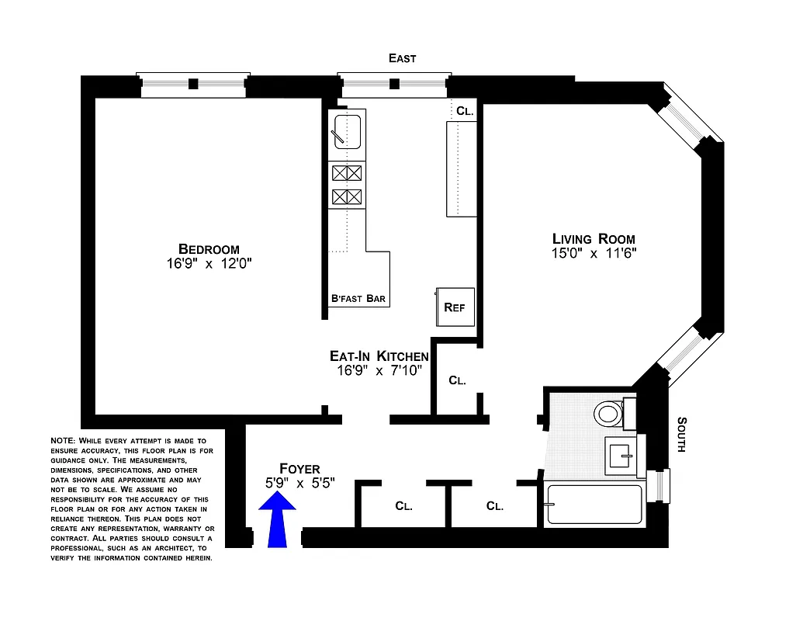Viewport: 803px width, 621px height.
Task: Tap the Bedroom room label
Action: click(209, 249)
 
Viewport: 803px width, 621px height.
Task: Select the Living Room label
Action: click(594, 239)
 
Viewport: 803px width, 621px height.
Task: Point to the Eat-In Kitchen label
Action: click(379, 356)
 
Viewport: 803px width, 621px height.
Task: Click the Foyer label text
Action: click(292, 469)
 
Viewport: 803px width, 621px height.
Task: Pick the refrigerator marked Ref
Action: click(454, 307)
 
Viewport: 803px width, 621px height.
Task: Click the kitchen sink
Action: click(347, 130)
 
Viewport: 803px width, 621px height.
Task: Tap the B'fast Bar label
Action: click(358, 299)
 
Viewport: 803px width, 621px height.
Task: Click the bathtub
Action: click(594, 505)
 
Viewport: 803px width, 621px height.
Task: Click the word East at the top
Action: click(403, 58)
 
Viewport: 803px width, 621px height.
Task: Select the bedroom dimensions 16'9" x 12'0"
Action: click(209, 264)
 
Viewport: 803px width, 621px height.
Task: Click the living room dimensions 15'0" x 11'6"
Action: click(594, 254)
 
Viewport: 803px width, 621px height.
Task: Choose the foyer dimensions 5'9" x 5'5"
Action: click(292, 483)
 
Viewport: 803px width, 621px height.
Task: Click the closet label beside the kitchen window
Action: click(465, 111)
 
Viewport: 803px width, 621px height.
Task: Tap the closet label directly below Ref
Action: click(457, 381)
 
